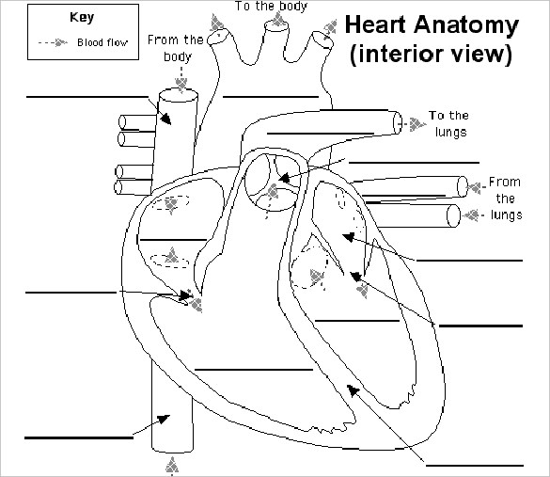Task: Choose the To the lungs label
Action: coord(448,123)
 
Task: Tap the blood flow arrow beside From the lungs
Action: coord(475,185)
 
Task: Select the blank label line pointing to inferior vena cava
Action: coord(78,437)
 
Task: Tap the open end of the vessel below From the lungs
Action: coord(454,215)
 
